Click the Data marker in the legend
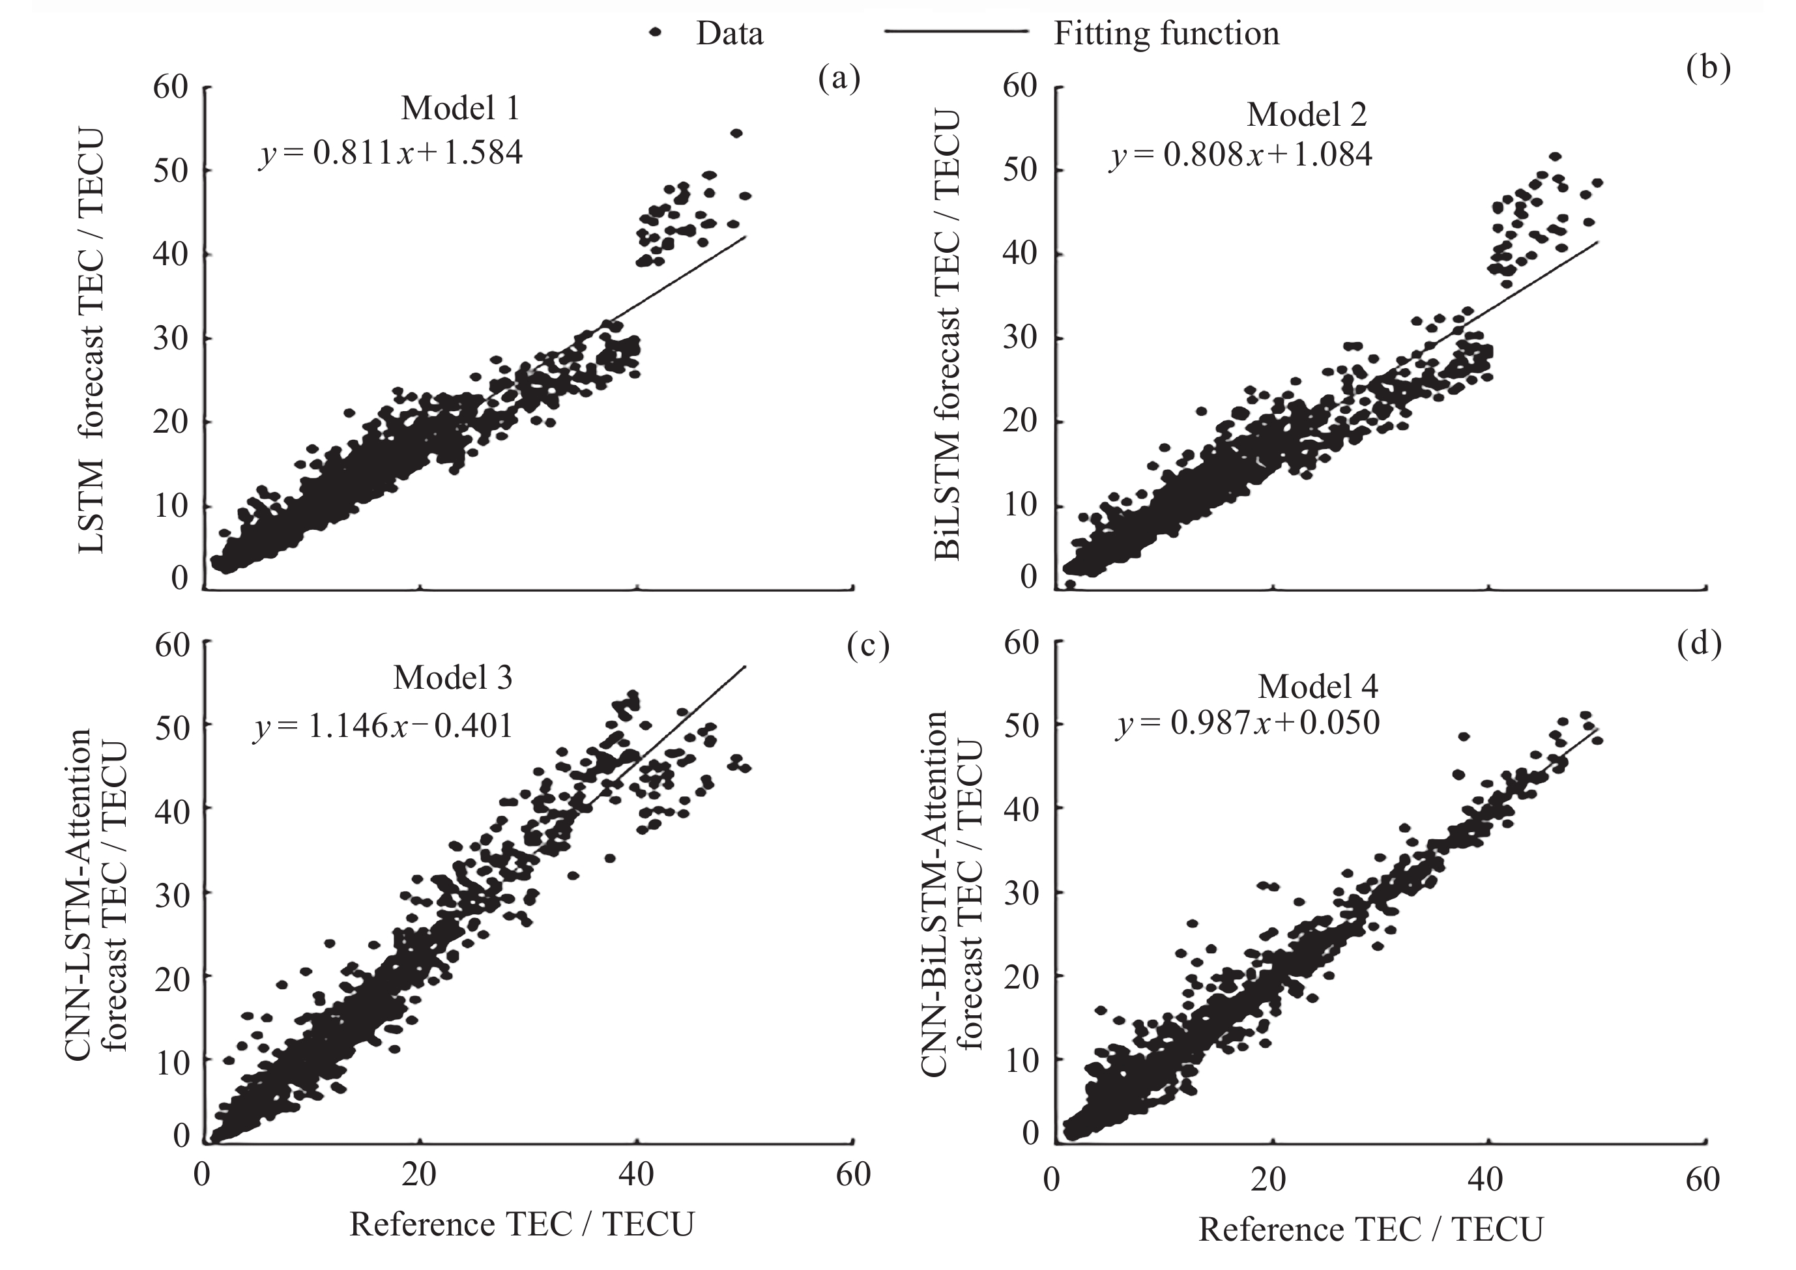(656, 33)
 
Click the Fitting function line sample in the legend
(956, 32)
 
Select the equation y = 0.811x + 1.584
(390, 152)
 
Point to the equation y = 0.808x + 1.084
(1241, 155)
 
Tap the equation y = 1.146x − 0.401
(383, 727)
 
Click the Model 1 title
(460, 108)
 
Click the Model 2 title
(1307, 114)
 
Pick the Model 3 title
(452, 677)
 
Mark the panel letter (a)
(839, 78)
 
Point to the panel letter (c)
(868, 647)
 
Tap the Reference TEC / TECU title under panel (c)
(522, 1224)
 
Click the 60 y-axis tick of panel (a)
(171, 87)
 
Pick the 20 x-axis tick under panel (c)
(419, 1175)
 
